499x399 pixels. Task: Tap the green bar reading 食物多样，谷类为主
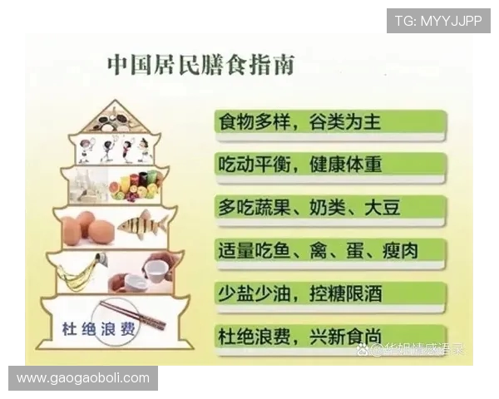328,122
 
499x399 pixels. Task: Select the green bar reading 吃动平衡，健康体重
328,165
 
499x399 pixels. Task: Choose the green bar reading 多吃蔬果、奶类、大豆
328,207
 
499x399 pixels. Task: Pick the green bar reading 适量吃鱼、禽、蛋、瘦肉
328,250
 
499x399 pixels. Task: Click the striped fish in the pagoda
142,224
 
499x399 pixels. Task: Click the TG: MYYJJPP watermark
437,21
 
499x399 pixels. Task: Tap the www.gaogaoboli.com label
83,378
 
